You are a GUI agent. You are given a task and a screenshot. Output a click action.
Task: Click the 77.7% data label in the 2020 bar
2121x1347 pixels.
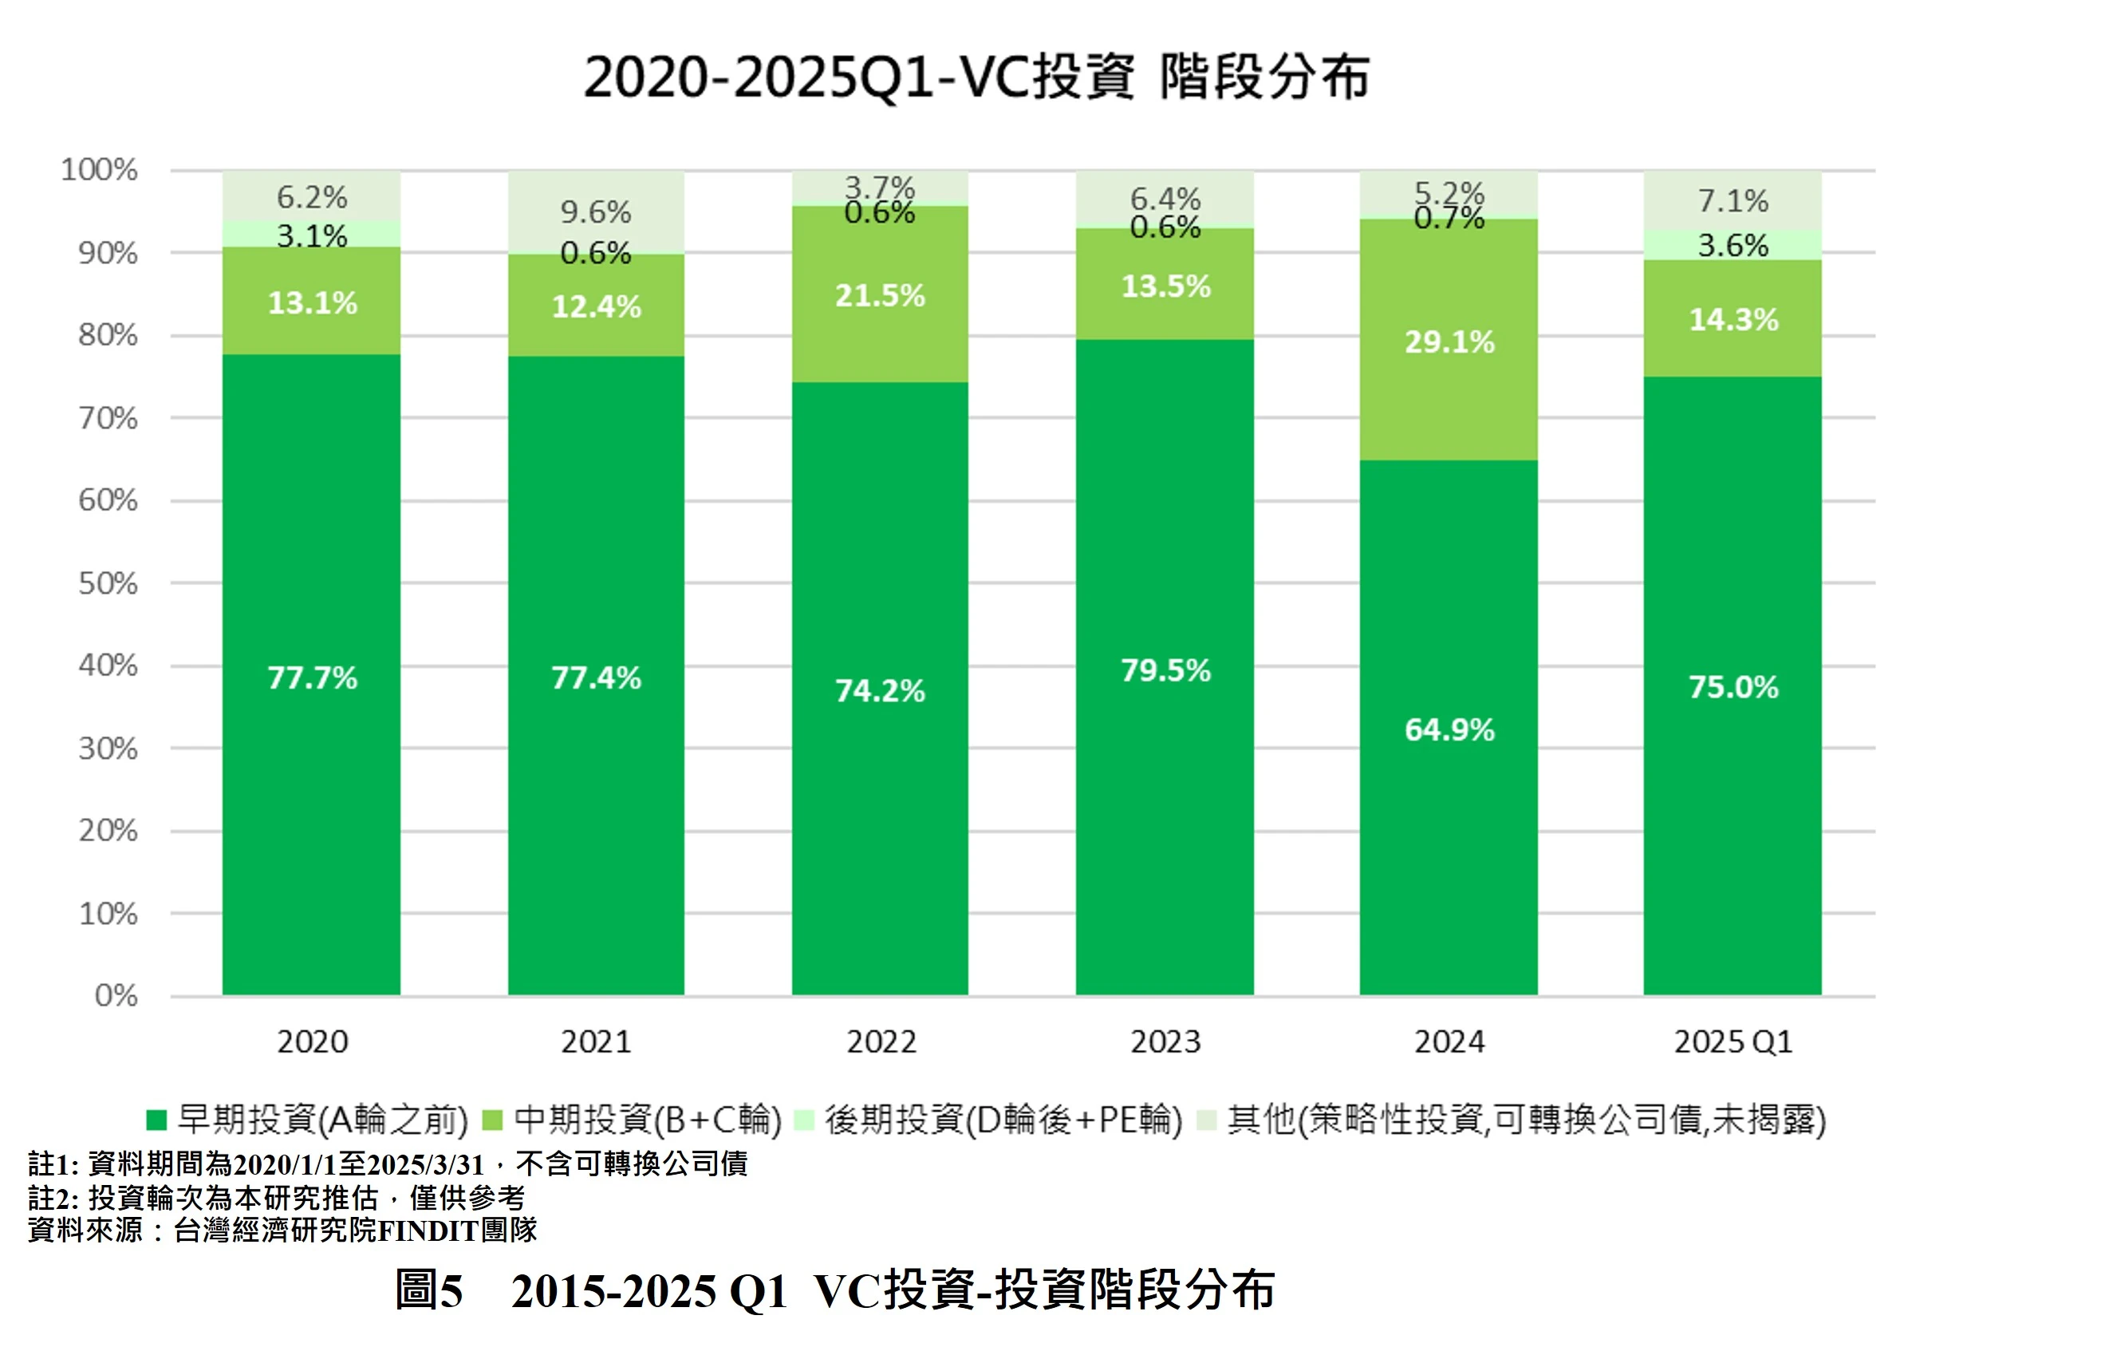pyautogui.click(x=312, y=677)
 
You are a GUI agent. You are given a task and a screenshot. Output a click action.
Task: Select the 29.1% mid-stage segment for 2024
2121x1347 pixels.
pyautogui.click(x=1449, y=342)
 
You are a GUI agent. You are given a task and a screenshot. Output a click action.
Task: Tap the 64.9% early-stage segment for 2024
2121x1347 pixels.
pyautogui.click(x=1449, y=729)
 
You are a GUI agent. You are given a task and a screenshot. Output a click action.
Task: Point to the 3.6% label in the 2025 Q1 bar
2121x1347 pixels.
pyautogui.click(x=1733, y=245)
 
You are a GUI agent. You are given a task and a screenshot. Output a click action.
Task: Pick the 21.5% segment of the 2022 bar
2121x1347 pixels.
pyautogui.click(x=880, y=295)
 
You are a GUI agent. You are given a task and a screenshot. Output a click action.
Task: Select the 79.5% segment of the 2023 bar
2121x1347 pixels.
pyautogui.click(x=1165, y=670)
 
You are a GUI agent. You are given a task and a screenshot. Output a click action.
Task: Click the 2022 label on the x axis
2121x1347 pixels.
pyautogui.click(x=881, y=1042)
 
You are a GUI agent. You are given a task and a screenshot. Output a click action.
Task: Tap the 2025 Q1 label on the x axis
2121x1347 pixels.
pyautogui.click(x=1733, y=1042)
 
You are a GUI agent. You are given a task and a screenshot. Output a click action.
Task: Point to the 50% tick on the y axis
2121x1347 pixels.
pyautogui.click(x=108, y=583)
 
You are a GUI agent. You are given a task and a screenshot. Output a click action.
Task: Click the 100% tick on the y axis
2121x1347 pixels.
pyautogui.click(x=100, y=169)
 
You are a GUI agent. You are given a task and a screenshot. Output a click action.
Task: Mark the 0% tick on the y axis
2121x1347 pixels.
pyautogui.click(x=116, y=996)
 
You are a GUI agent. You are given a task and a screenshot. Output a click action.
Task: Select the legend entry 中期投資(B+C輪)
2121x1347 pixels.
pyautogui.click(x=648, y=1120)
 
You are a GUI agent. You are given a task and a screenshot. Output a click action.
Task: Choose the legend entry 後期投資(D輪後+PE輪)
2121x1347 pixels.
pyautogui.click(x=1003, y=1120)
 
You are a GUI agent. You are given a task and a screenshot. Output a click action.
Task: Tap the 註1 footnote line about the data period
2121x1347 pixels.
pyautogui.click(x=388, y=1163)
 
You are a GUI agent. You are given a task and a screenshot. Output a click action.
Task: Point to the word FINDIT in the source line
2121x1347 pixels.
pyautogui.click(x=428, y=1230)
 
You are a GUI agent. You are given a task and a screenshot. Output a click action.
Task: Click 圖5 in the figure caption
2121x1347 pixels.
pyautogui.click(x=429, y=1290)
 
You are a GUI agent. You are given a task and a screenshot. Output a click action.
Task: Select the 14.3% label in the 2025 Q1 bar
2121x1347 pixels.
pyautogui.click(x=1733, y=320)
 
